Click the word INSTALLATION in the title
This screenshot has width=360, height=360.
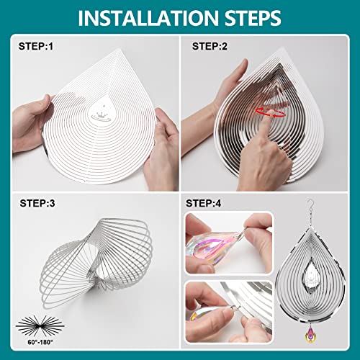(148, 18)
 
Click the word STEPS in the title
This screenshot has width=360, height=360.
(253, 18)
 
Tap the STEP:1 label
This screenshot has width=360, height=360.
(36, 46)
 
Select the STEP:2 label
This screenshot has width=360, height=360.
(210, 46)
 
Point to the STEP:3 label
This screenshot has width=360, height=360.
(37, 203)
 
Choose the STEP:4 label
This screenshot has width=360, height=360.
(204, 203)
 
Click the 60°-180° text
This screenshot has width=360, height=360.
(40, 342)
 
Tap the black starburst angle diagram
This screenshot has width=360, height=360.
(40, 326)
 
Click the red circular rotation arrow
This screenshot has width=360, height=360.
(271, 113)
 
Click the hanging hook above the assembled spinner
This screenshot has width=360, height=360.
(311, 207)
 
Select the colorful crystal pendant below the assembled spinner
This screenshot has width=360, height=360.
(310, 335)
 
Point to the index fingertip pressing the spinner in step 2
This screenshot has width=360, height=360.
(271, 113)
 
